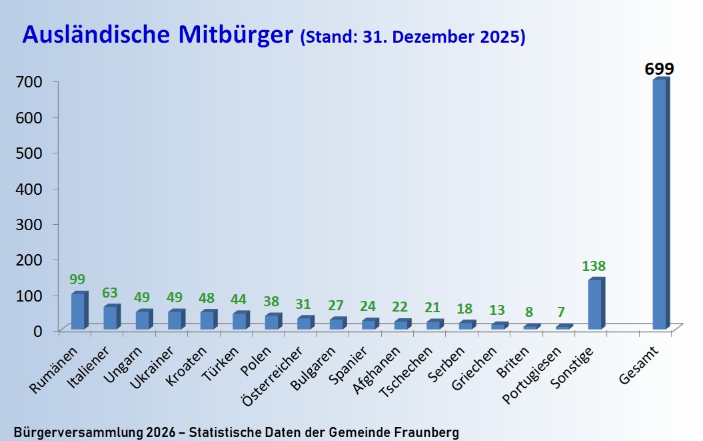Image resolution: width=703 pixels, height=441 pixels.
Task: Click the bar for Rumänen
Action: click(x=79, y=312)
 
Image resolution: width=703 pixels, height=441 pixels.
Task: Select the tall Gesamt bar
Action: click(x=660, y=204)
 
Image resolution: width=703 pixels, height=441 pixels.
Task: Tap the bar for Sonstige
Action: click(x=595, y=304)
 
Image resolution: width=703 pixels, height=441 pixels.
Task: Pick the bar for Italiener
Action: click(x=111, y=318)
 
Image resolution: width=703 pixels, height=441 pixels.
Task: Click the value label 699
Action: click(x=659, y=69)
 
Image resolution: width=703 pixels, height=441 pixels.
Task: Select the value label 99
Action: click(x=77, y=280)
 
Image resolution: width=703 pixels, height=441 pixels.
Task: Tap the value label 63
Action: click(x=110, y=293)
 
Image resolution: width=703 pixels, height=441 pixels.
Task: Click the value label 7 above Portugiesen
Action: click(x=561, y=312)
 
